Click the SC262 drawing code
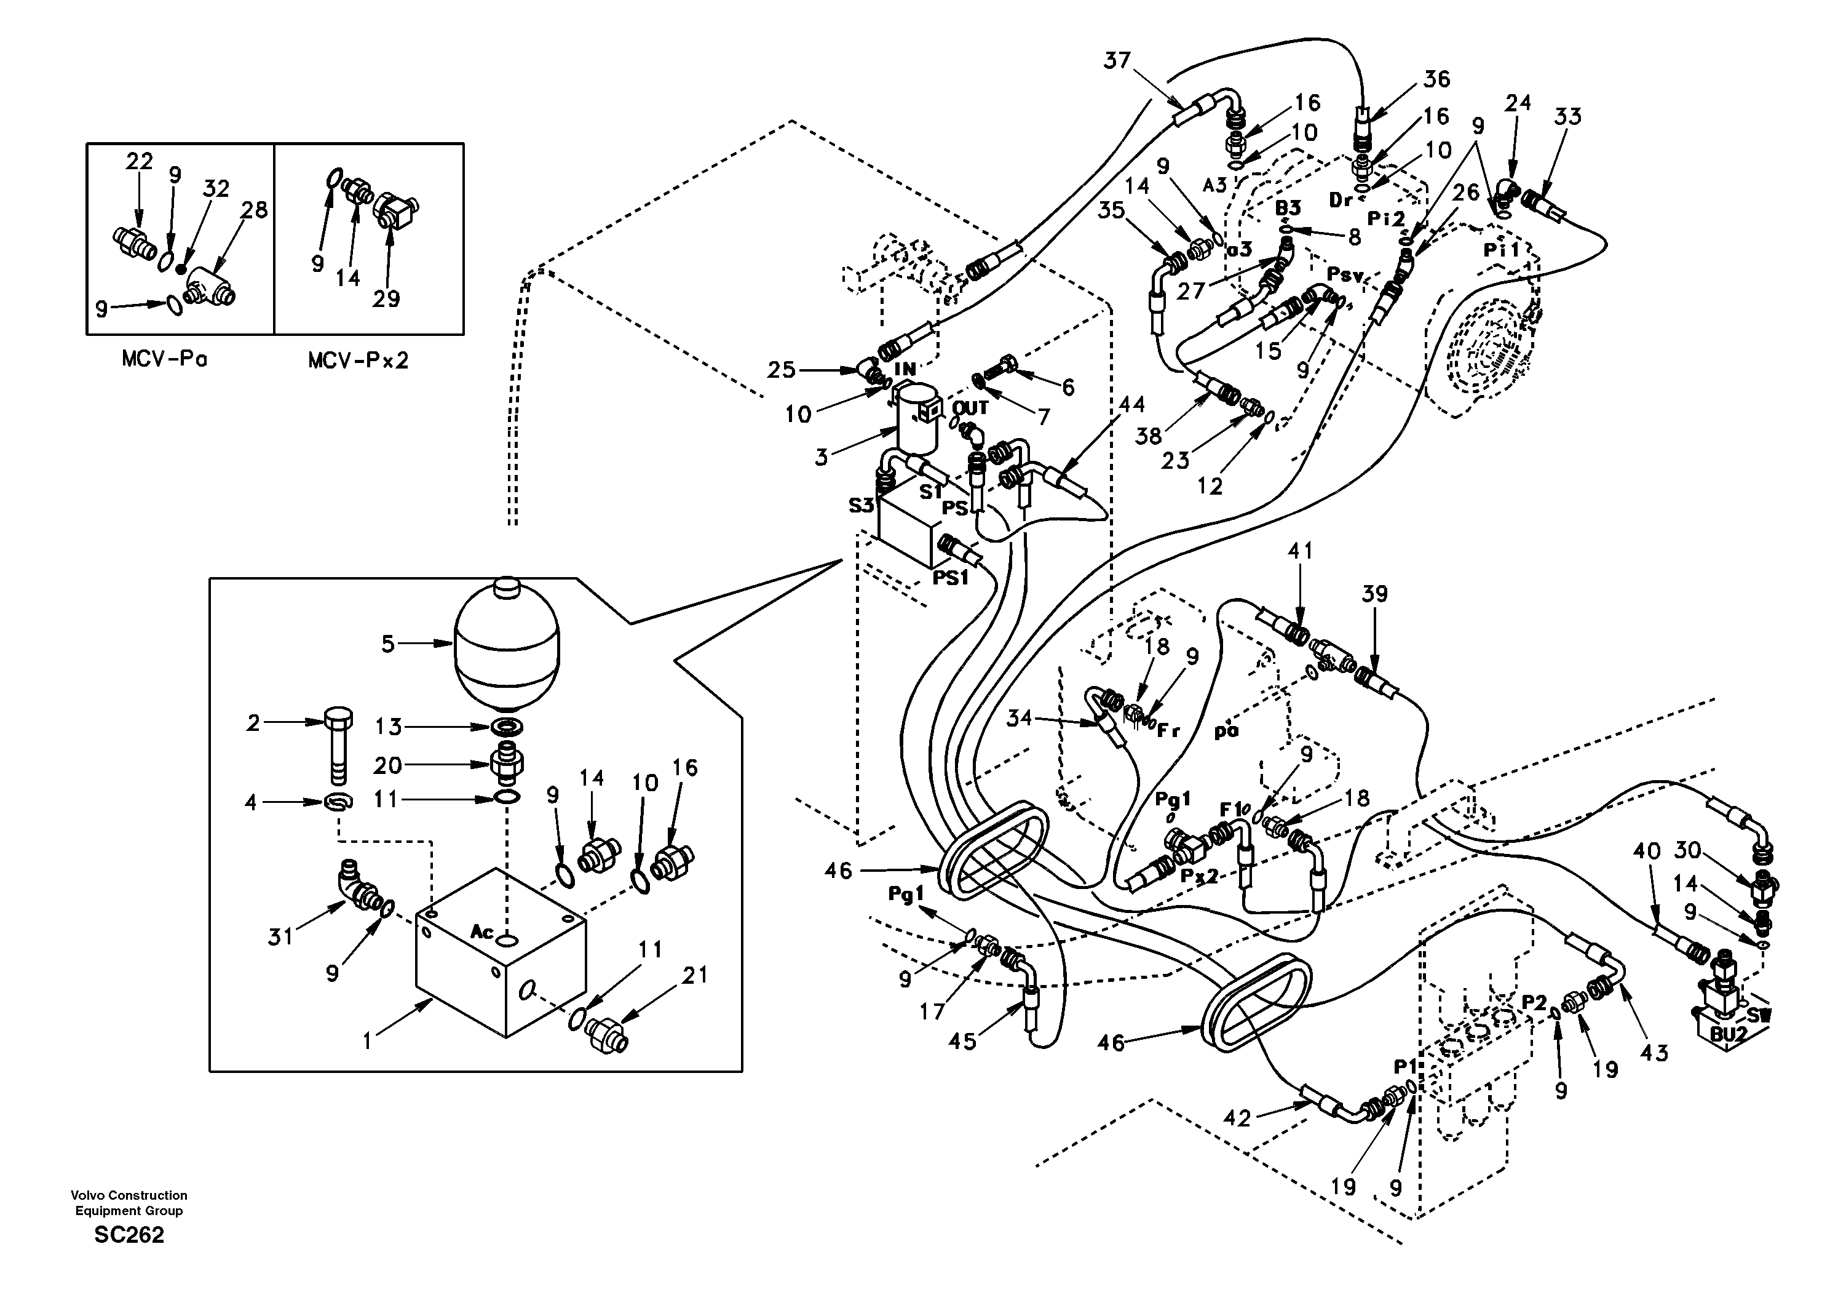point(129,1235)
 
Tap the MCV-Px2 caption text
point(358,361)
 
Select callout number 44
point(1131,404)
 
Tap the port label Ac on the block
point(482,931)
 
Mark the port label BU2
point(1728,1034)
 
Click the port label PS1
point(951,578)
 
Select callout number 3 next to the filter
point(821,457)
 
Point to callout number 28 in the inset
point(254,210)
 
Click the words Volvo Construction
point(129,1195)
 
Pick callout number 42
point(1237,1119)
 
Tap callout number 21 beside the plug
point(694,975)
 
